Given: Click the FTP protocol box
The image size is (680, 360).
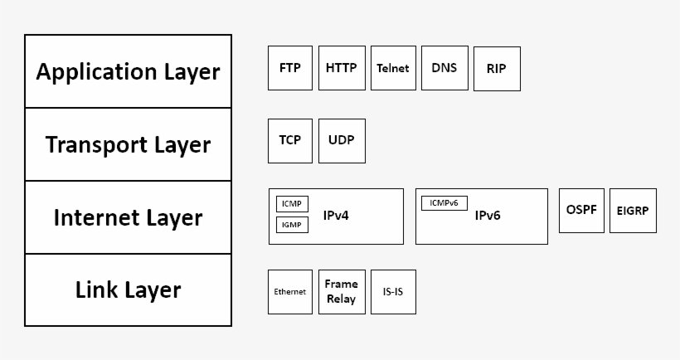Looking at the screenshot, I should (x=290, y=68).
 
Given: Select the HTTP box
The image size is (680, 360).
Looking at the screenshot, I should (x=342, y=68).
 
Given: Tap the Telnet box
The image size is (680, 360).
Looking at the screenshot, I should (x=393, y=68).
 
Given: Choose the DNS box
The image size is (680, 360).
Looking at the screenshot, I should (x=444, y=68).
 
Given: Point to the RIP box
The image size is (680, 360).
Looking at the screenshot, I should (x=497, y=70).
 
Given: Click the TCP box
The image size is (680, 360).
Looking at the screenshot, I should (x=290, y=140).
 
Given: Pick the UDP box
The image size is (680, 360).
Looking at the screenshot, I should (x=342, y=140).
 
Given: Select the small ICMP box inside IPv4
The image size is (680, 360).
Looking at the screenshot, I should (x=292, y=204).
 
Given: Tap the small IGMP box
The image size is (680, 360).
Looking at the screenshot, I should (x=292, y=224).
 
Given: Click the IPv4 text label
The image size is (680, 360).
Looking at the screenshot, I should (x=336, y=216).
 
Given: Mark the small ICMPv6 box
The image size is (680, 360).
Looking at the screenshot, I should (x=444, y=203).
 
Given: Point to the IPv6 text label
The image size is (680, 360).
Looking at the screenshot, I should (x=488, y=216).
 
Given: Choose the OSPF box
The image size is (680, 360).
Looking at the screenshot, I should (x=581, y=211).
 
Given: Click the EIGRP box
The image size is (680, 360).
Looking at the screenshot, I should (x=633, y=211).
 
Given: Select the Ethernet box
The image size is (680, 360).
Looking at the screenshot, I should (x=290, y=292).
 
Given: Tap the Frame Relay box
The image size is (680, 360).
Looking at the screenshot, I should (x=342, y=292).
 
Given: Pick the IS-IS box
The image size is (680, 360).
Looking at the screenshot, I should (x=393, y=292).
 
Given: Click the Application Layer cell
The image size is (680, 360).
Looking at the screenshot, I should (x=129, y=71).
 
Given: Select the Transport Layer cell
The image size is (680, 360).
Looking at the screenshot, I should (x=129, y=144).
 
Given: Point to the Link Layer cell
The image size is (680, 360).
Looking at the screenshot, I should (x=129, y=290).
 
